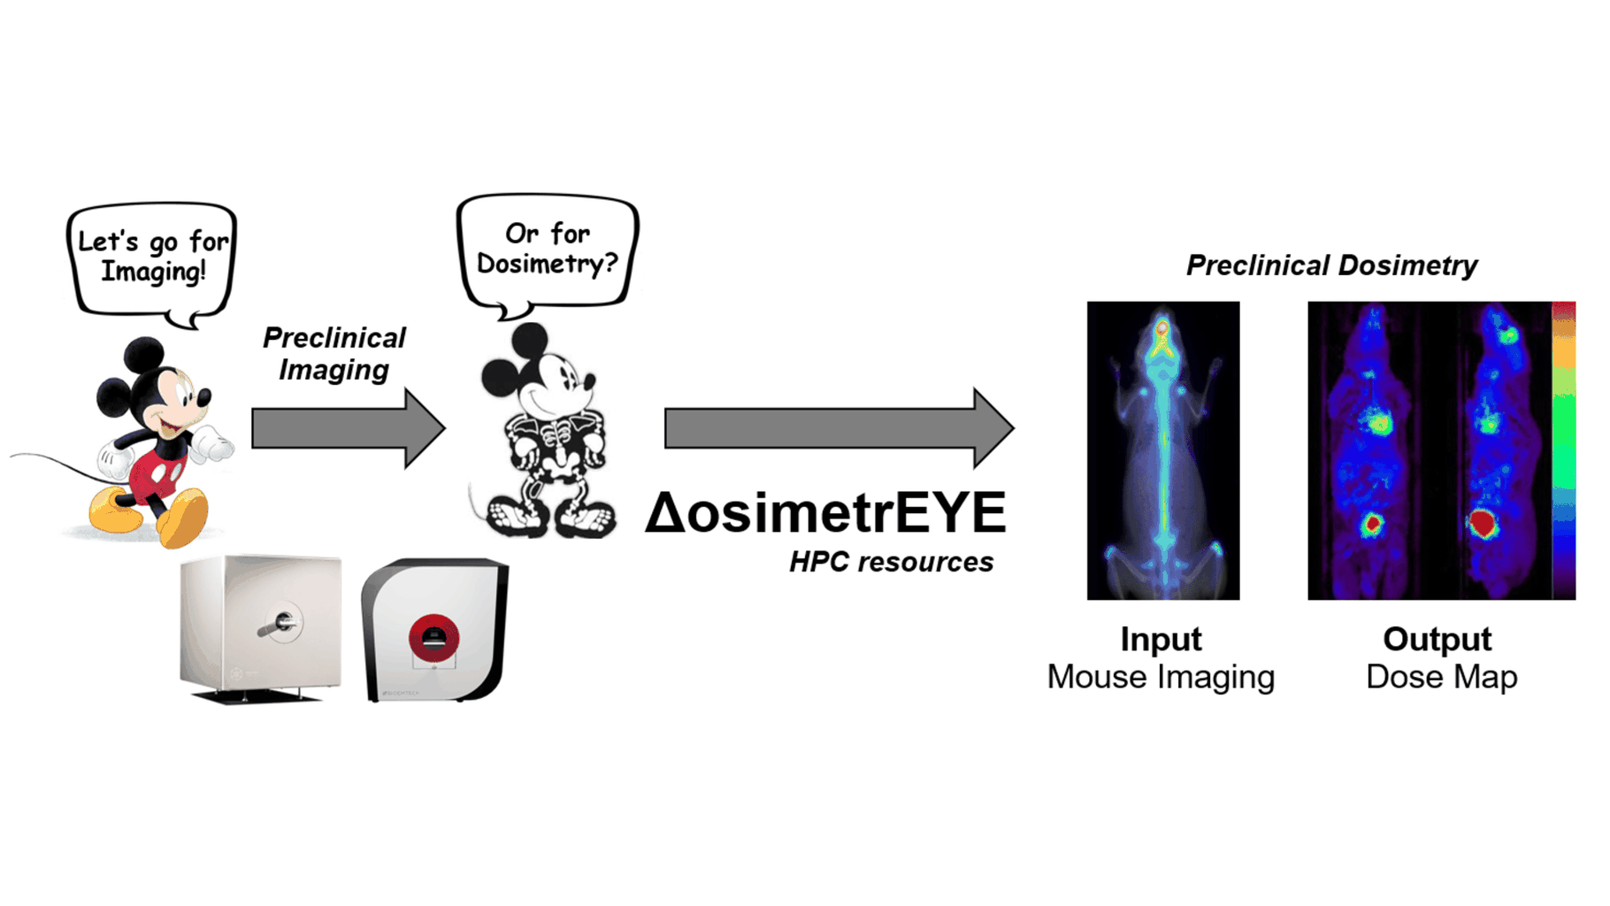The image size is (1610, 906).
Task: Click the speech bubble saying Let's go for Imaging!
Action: coord(152,258)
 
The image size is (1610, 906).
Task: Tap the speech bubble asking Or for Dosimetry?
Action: coord(547,250)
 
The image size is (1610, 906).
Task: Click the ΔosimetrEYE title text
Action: coord(826,513)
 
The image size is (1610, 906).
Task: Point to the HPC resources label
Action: coord(891,562)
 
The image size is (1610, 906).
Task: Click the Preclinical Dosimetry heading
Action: coord(1331,265)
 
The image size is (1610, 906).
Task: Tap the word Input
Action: coord(1161,639)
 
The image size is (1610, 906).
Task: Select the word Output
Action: coord(1437,639)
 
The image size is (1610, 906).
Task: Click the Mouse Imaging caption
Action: coord(1161,677)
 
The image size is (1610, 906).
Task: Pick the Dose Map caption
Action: coord(1441,677)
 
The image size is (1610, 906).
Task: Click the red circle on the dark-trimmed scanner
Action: coord(433,638)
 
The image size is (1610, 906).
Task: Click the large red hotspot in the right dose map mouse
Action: coord(1483,524)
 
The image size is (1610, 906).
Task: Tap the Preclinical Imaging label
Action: coord(334,353)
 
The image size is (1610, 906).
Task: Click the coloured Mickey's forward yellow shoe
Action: coord(185,518)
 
